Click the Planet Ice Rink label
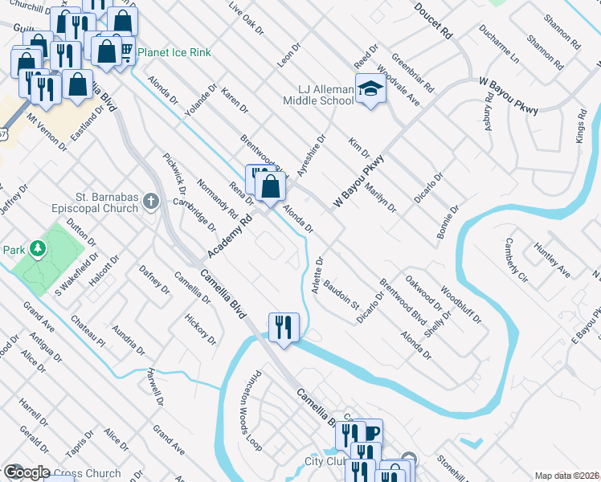(174, 53)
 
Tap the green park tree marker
(37, 248)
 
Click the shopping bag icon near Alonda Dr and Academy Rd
(272, 187)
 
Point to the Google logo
(26, 472)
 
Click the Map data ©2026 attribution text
(566, 476)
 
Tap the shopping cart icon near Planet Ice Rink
(126, 51)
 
